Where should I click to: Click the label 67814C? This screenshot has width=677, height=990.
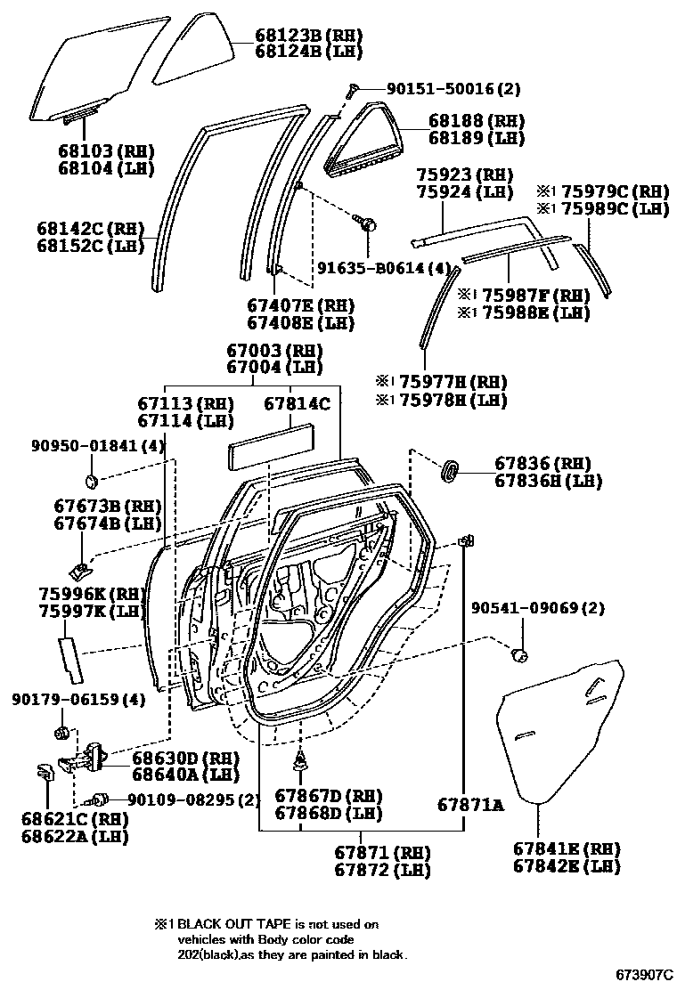click(297, 403)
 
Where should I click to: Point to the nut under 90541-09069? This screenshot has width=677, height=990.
click(520, 656)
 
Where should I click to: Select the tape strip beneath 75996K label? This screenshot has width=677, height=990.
click(69, 656)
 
